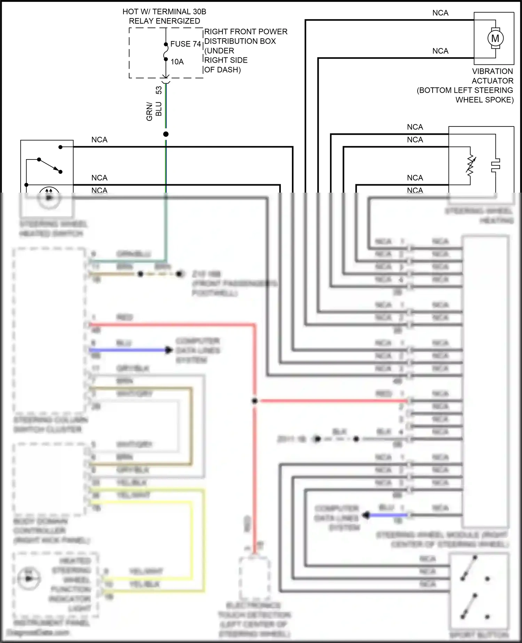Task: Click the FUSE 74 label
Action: click(x=185, y=44)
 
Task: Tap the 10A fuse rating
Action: click(x=177, y=62)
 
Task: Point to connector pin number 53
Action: click(x=159, y=90)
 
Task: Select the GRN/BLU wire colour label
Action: click(x=154, y=111)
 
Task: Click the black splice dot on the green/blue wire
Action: click(x=166, y=134)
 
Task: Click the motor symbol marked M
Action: click(x=495, y=38)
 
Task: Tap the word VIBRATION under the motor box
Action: click(x=492, y=71)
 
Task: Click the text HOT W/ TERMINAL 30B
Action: click(x=164, y=12)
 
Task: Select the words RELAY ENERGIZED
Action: click(x=164, y=21)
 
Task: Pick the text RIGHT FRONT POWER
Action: click(x=246, y=32)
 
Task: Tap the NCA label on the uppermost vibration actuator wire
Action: click(x=440, y=13)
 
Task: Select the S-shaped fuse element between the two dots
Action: click(x=166, y=52)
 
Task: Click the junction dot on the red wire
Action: click(x=254, y=401)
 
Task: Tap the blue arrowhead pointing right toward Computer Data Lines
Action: click(x=169, y=350)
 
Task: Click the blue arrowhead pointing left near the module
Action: click(x=366, y=515)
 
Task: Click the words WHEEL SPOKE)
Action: click(x=484, y=100)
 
